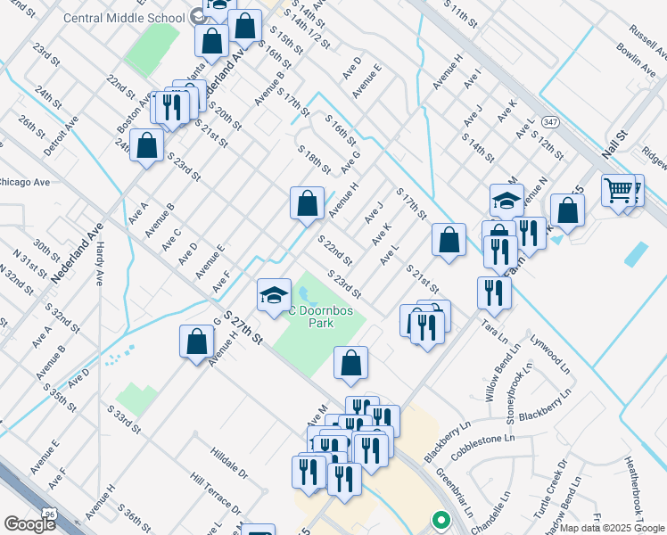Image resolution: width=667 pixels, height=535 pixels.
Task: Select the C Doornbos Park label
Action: pyautogui.click(x=314, y=317)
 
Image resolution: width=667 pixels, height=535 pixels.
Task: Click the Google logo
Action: pyautogui.click(x=29, y=523)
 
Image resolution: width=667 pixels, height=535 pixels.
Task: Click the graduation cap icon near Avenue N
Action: pyautogui.click(x=506, y=201)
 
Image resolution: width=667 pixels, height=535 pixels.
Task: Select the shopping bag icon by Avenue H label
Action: pyautogui.click(x=307, y=203)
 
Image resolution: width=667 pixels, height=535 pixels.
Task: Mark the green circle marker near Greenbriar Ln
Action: pyautogui.click(x=438, y=519)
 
